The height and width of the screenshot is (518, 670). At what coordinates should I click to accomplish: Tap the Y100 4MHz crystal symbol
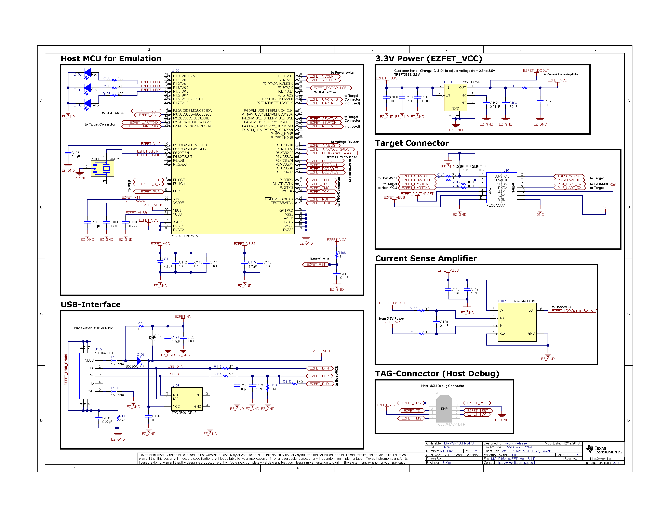coord(103,168)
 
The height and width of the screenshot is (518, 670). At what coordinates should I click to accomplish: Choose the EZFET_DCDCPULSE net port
coord(330,88)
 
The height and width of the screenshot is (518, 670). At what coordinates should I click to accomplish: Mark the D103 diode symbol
coord(139,361)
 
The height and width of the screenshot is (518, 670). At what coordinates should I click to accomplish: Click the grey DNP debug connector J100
coord(444,409)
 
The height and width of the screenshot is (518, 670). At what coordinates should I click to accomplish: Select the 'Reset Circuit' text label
coord(319,259)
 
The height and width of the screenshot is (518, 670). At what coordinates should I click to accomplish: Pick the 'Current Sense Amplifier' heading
coord(426,258)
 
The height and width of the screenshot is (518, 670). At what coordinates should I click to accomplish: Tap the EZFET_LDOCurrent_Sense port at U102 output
coord(572,311)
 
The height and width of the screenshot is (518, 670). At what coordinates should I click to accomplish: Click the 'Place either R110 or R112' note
coord(93,328)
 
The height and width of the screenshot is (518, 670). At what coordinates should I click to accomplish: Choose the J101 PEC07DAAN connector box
coord(501,187)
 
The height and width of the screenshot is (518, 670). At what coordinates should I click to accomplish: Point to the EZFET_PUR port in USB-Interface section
coord(319,384)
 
